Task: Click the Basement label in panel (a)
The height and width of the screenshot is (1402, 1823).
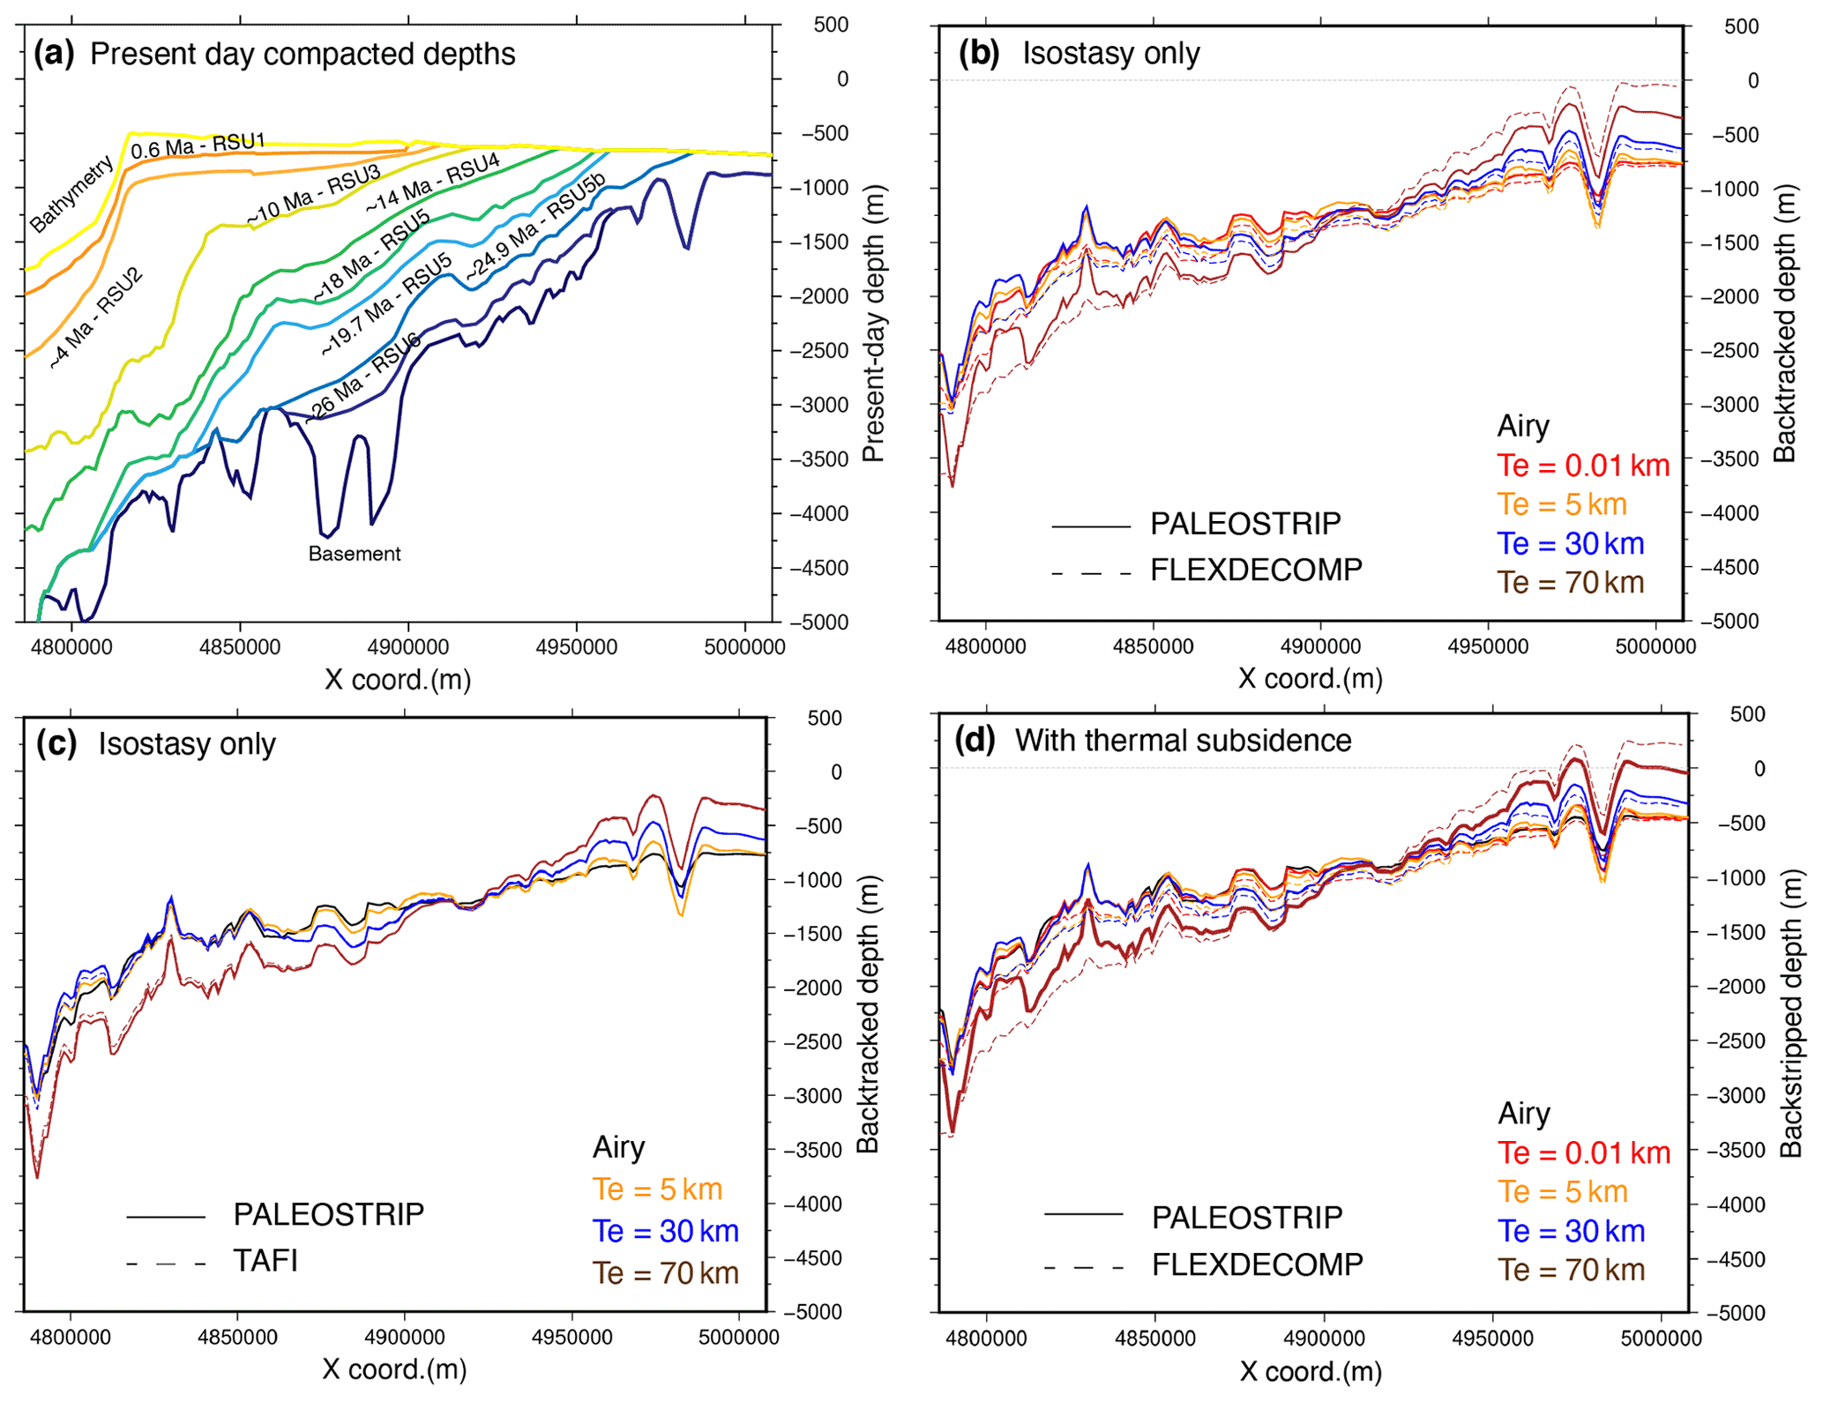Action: [354, 554]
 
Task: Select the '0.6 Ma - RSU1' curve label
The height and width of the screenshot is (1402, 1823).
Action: [198, 146]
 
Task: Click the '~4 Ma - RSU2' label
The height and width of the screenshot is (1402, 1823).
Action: [95, 317]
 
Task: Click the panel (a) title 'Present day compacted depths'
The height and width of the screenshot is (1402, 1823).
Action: [303, 55]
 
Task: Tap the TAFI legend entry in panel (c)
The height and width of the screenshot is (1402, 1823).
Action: [265, 1261]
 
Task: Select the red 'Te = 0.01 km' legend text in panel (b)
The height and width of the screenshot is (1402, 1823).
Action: [1583, 466]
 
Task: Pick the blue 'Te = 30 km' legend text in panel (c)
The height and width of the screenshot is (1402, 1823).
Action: [665, 1231]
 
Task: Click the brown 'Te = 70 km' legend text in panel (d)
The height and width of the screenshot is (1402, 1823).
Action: [1571, 1270]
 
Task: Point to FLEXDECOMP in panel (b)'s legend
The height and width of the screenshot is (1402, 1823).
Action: [1256, 570]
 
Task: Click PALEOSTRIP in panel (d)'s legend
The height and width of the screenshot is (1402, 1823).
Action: [1246, 1218]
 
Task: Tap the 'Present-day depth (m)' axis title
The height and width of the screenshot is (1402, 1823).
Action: [873, 323]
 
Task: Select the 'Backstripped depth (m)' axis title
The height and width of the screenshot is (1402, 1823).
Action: [1790, 1011]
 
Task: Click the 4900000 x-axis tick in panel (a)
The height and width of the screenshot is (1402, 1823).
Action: [408, 647]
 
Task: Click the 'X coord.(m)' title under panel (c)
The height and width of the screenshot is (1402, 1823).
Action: [394, 1369]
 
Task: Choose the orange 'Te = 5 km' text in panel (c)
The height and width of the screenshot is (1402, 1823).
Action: [657, 1189]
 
